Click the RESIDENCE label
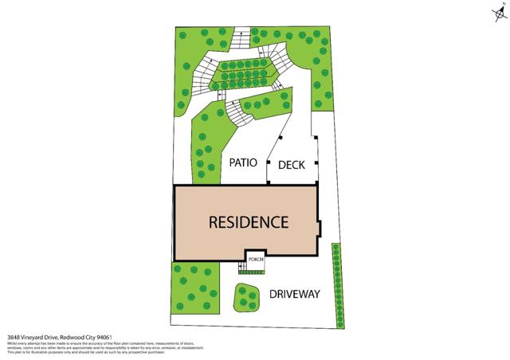tap(248, 222)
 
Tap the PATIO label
tap(243, 162)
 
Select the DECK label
tap(292, 166)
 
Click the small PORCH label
tap(256, 260)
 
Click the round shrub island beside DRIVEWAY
tap(247, 297)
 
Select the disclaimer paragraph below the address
tap(104, 346)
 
